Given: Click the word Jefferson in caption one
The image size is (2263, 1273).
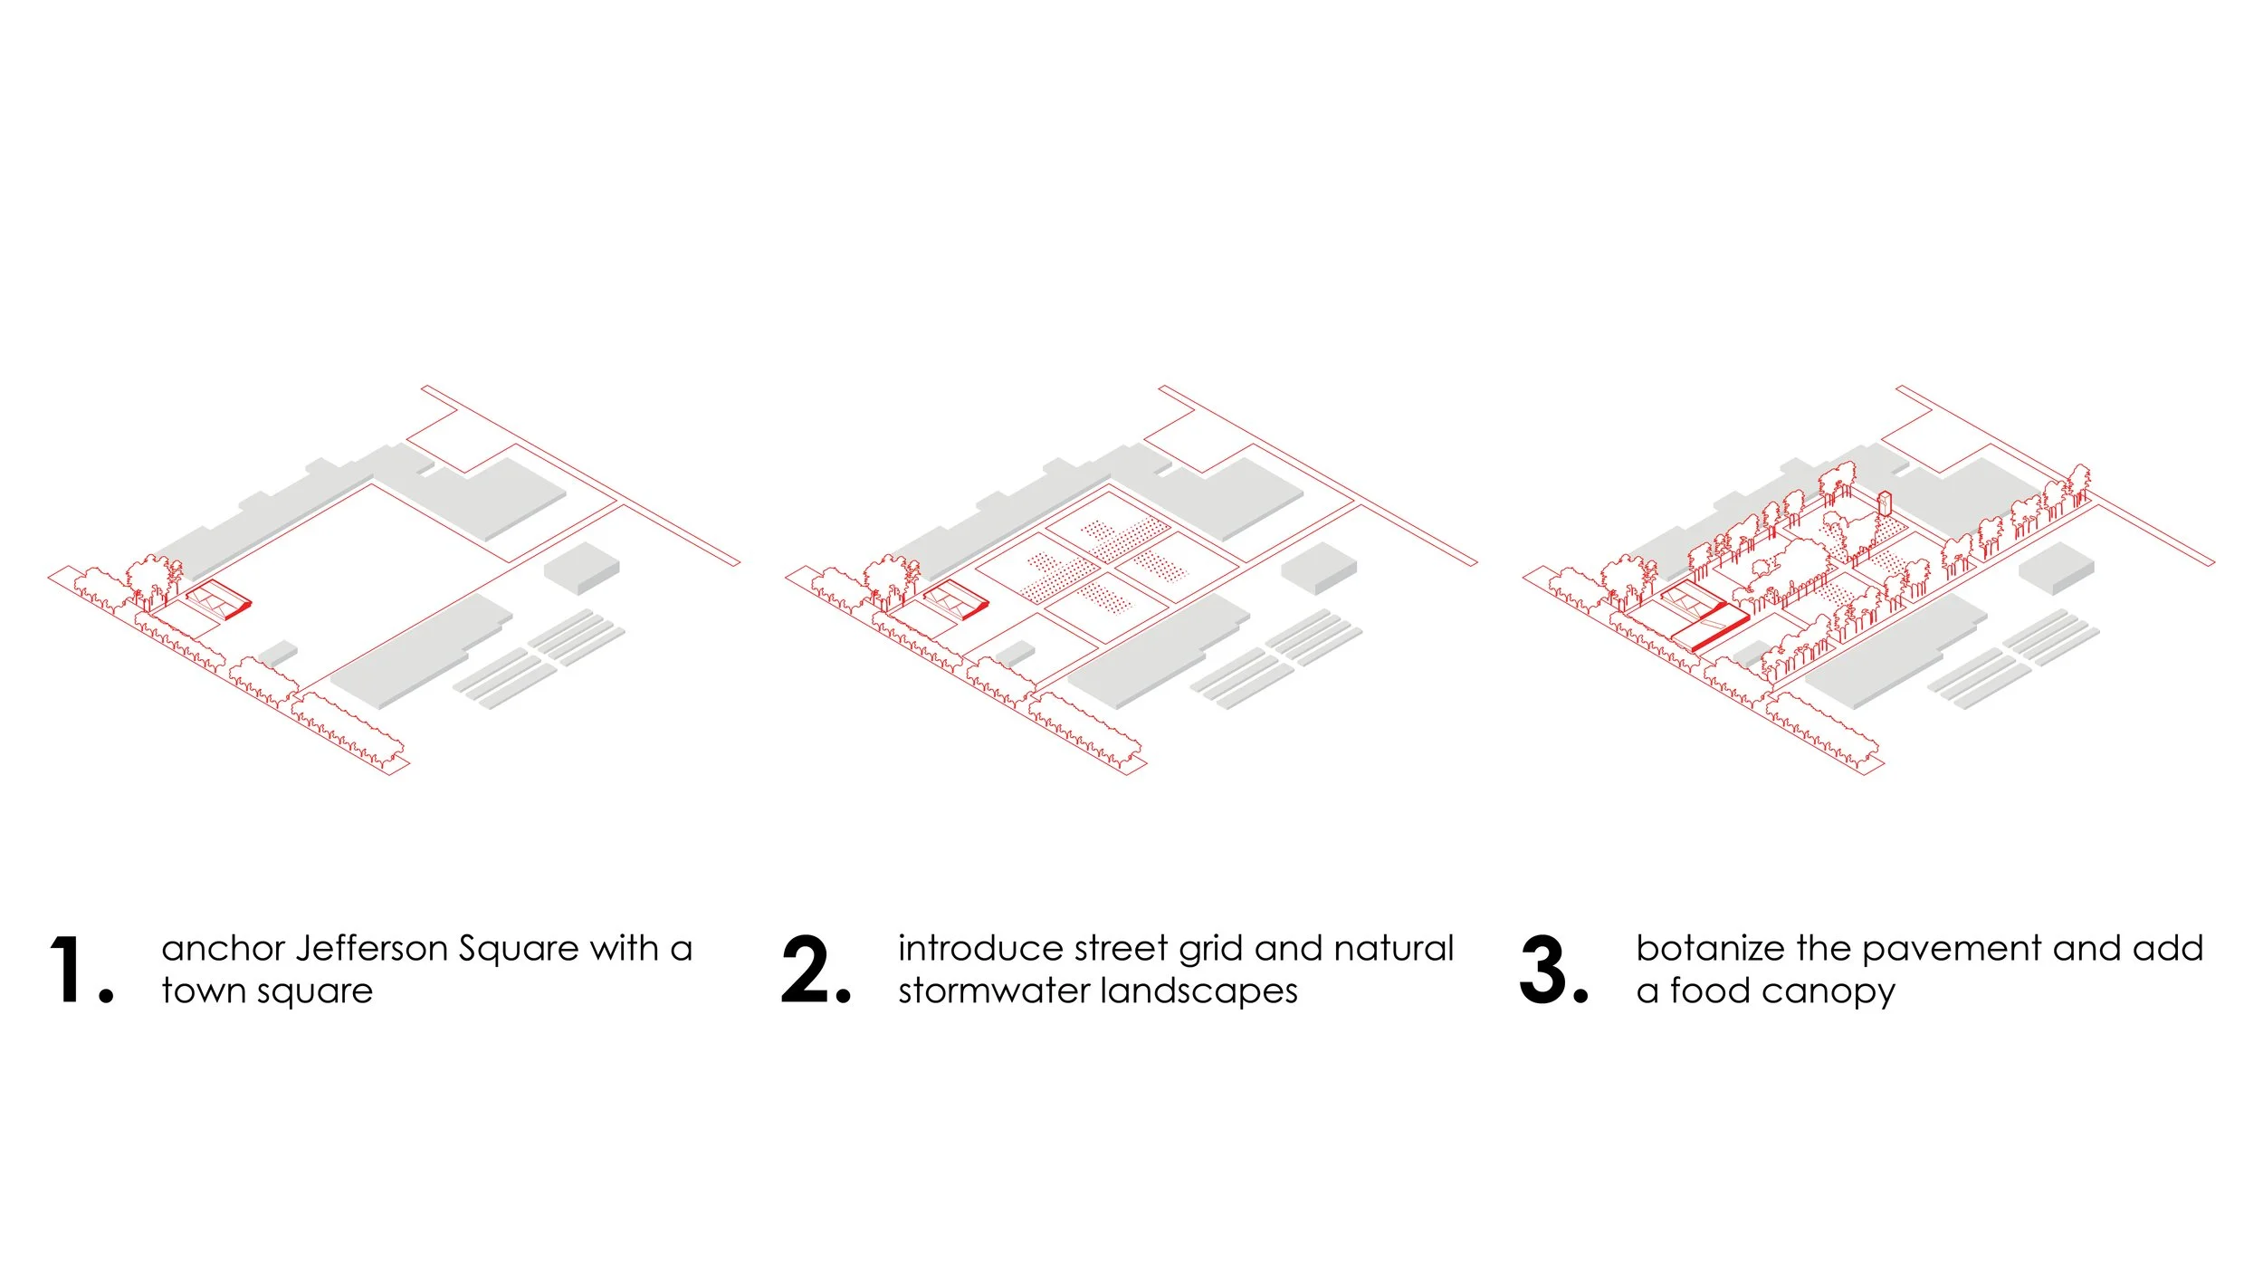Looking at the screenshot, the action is tap(372, 949).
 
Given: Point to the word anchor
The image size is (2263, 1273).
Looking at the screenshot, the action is tap(223, 949).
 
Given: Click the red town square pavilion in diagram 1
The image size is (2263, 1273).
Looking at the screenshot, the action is tap(218, 599).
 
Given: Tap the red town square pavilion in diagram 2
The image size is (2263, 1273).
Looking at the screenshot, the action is tap(956, 599).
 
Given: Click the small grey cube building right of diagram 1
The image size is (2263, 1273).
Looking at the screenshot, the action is tap(582, 567).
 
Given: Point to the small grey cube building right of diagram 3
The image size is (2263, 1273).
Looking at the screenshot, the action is tap(2057, 567).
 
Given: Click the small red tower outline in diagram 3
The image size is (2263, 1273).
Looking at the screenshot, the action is tap(1886, 503).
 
